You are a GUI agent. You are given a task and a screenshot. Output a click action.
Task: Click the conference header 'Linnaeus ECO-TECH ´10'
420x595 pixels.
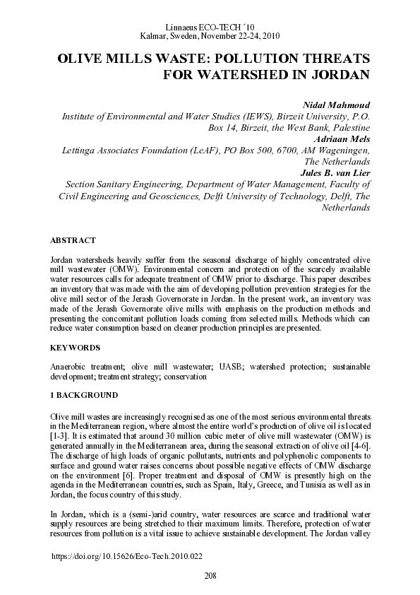(210, 26)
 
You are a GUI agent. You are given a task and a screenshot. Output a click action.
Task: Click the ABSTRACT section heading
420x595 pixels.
(73, 241)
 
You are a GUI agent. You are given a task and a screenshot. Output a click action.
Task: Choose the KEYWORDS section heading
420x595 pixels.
(75, 348)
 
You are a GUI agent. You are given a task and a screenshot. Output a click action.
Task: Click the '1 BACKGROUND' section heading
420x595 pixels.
(84, 394)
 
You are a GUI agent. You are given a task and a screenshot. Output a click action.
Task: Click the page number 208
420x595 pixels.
(210, 577)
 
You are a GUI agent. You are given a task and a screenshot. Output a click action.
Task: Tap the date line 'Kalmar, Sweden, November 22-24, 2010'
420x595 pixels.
(210, 35)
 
